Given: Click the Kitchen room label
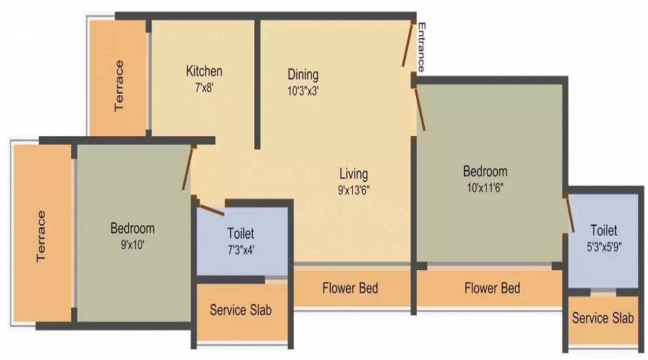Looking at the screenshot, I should (x=204, y=71).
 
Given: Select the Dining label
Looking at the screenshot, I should (x=302, y=75).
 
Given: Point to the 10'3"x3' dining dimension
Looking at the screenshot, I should (x=302, y=91).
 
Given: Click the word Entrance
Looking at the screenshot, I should (x=422, y=48).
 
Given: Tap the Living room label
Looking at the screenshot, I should (x=354, y=174).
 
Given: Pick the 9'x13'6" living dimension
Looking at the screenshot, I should (x=354, y=190).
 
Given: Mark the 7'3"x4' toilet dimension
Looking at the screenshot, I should (x=240, y=250).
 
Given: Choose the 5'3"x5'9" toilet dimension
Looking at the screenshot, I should (x=603, y=246).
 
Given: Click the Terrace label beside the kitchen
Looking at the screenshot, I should (x=119, y=85).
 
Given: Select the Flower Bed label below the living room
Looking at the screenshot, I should (x=350, y=288).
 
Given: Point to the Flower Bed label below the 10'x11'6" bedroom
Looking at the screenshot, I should (x=492, y=288).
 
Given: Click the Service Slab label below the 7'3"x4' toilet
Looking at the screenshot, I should (x=240, y=310).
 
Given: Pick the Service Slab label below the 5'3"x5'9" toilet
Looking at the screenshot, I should (x=603, y=318).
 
